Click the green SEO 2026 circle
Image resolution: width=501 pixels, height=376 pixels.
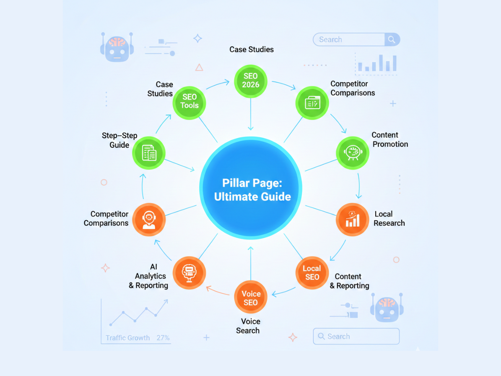(x=251, y=81)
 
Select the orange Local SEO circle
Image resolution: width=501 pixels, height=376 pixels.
(x=312, y=273)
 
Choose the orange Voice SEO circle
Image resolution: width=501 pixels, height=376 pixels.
(x=251, y=298)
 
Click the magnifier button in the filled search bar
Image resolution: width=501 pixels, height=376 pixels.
(x=392, y=39)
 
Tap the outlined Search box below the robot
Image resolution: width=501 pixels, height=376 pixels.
(x=356, y=337)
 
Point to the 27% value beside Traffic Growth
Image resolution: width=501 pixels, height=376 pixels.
(x=163, y=338)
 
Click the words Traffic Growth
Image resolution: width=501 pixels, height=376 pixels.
(x=127, y=338)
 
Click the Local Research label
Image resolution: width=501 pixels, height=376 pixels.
(x=389, y=219)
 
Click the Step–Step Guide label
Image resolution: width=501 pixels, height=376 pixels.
(x=119, y=140)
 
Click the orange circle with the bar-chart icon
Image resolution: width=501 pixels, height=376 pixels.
(x=353, y=219)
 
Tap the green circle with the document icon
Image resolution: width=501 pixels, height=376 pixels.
(x=149, y=153)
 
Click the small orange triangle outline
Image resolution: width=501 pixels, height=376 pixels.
(x=199, y=67)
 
